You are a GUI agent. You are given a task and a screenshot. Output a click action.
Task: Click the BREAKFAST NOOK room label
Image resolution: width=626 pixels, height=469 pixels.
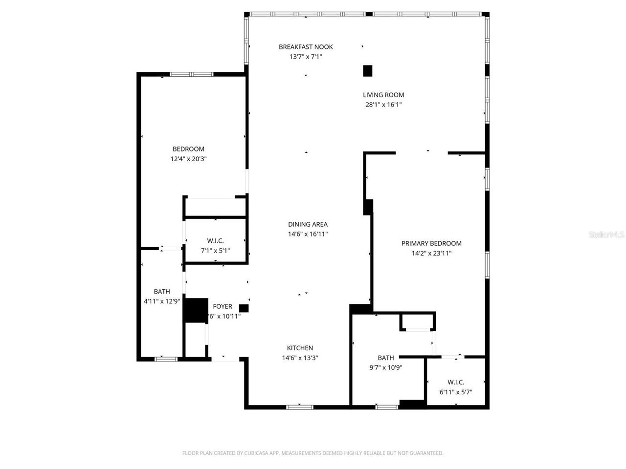(x=306, y=47)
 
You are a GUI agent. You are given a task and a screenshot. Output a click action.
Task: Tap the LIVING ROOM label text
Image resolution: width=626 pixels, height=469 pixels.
(x=383, y=95)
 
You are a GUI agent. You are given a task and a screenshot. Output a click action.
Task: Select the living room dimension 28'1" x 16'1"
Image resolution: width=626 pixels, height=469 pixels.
(x=383, y=105)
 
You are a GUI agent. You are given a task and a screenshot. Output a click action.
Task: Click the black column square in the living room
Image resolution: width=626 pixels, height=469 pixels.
(x=368, y=71)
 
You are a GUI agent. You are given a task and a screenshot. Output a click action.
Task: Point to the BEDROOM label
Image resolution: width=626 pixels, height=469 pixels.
(x=188, y=149)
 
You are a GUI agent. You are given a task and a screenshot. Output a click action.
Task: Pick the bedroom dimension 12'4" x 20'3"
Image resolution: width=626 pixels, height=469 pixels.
(x=188, y=159)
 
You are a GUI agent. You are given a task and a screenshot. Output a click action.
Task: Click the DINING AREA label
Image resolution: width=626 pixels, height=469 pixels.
(x=308, y=224)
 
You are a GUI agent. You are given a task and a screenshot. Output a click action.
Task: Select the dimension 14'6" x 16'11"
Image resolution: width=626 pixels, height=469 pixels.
(x=308, y=234)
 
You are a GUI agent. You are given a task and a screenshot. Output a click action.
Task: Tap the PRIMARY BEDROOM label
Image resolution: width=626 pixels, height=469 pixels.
(x=431, y=243)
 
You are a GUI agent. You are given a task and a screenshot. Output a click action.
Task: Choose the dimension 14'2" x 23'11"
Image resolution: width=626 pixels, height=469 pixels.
(x=431, y=253)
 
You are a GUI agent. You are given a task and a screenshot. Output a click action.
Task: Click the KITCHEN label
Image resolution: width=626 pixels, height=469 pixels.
(x=300, y=348)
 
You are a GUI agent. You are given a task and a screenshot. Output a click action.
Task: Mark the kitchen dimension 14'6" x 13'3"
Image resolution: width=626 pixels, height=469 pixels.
(x=300, y=358)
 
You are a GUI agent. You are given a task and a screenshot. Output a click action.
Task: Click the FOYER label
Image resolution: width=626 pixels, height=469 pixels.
(x=223, y=306)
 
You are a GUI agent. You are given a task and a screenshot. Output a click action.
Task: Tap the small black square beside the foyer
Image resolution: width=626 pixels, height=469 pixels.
(x=244, y=308)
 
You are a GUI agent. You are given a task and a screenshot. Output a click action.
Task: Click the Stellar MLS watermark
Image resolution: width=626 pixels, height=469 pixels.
(x=606, y=235)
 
